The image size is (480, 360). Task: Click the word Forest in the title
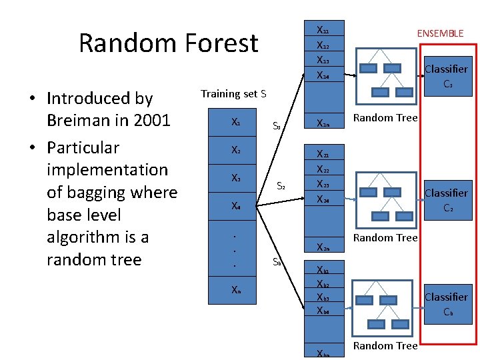(220, 43)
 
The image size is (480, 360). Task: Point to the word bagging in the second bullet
(97, 193)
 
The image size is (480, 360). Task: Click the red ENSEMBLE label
(440, 33)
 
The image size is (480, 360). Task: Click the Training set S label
(233, 94)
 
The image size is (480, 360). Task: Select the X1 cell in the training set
(236, 123)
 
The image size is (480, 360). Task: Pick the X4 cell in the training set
(236, 206)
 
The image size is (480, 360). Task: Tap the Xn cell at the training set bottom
(236, 290)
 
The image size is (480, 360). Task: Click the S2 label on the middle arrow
(281, 187)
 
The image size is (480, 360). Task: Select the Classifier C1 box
(446, 76)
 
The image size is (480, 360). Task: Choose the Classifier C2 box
(446, 200)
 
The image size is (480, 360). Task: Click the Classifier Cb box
(446, 304)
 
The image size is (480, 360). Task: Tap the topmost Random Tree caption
(385, 118)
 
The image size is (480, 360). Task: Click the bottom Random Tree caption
(385, 345)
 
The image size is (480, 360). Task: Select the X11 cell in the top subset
(322, 31)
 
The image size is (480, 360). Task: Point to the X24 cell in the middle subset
(322, 199)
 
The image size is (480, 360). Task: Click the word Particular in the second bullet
(83, 148)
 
